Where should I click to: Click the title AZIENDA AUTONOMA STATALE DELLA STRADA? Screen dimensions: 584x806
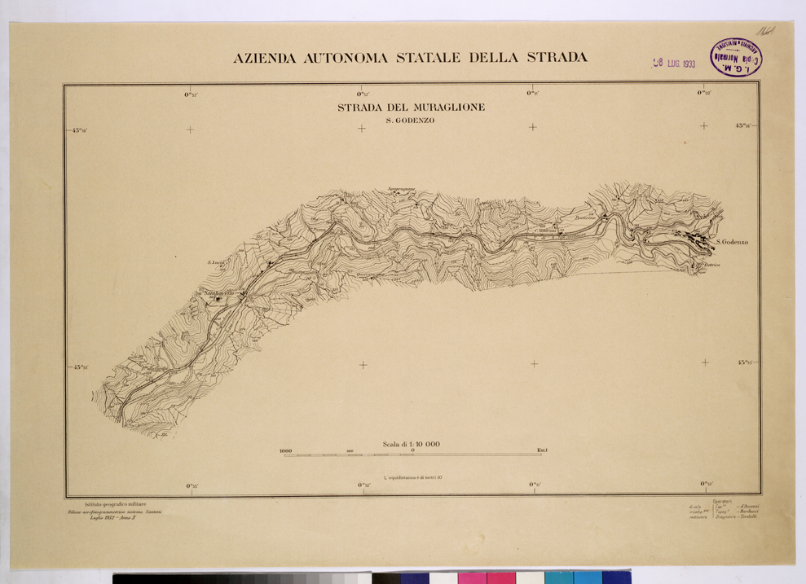tap(410, 59)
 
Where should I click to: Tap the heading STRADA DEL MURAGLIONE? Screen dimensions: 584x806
tap(411, 108)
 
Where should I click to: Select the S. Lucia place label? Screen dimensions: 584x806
tap(215, 262)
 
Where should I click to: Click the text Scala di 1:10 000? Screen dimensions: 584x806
tap(411, 444)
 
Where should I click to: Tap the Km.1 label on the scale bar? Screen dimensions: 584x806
tap(542, 450)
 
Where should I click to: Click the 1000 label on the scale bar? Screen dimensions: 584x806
tap(285, 450)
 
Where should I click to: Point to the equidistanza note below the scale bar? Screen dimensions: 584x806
tap(412, 476)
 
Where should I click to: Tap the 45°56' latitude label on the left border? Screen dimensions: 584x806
tap(81, 130)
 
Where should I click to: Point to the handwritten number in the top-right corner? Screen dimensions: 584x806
tap(764, 30)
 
